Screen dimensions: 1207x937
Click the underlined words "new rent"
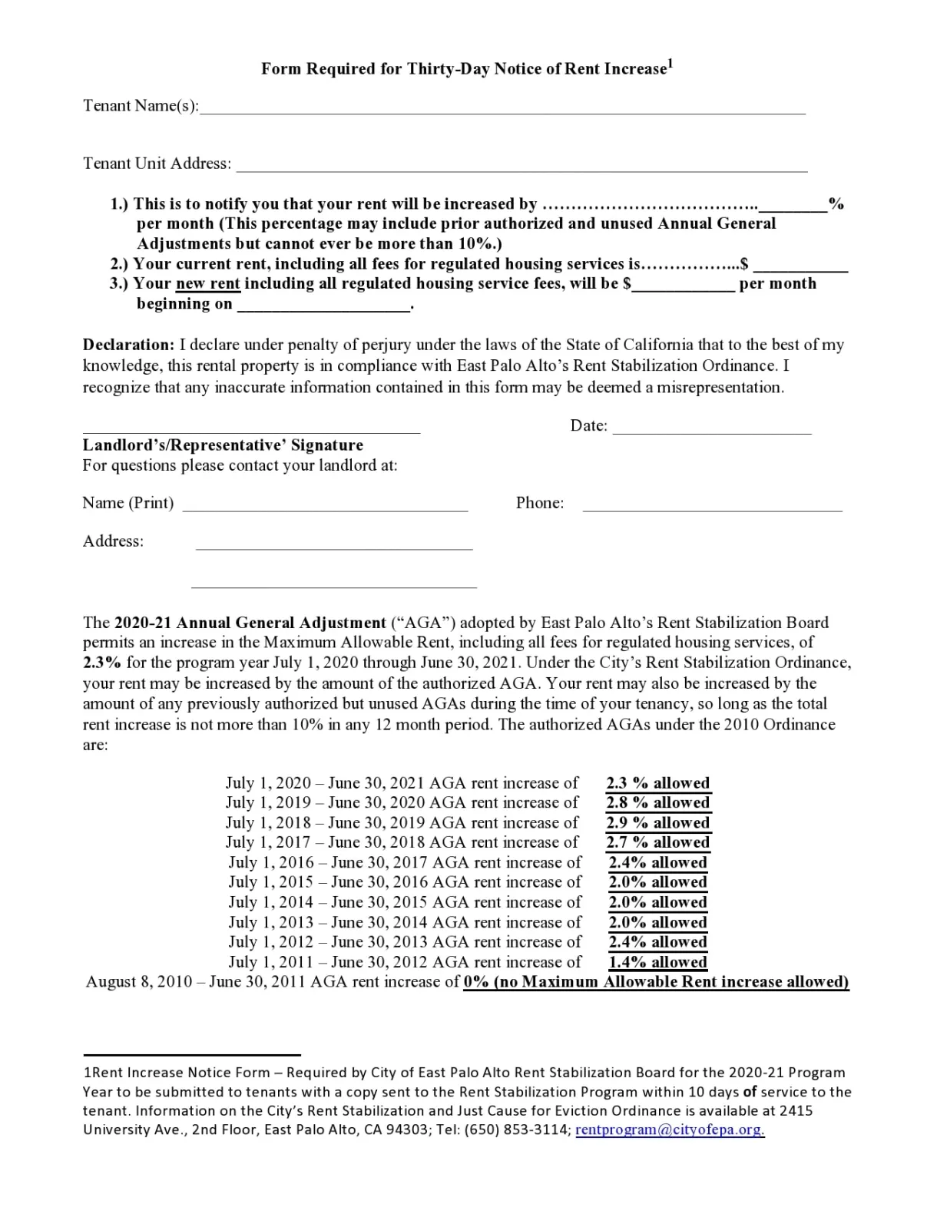coord(208,284)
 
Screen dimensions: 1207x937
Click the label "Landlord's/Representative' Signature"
coord(223,445)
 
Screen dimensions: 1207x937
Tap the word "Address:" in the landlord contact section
coord(113,541)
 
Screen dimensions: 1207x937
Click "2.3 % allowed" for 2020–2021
coord(657,783)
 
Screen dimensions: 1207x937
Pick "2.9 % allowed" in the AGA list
coord(657,823)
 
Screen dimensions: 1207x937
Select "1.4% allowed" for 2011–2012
coord(657,962)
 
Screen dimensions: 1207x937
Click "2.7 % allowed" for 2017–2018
coord(657,842)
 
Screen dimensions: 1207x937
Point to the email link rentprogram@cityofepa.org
coord(669,1130)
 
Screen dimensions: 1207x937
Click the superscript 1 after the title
coord(670,64)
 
